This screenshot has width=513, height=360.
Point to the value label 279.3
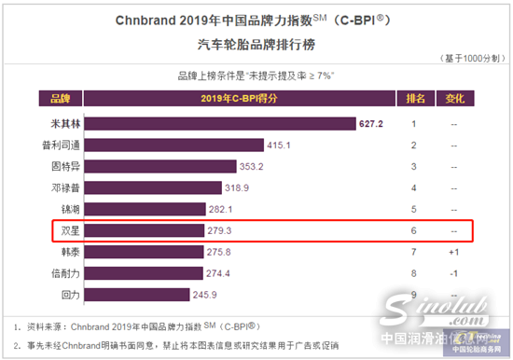click(216, 230)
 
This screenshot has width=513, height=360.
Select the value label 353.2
click(253, 166)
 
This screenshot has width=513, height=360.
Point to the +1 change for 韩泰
click(453, 252)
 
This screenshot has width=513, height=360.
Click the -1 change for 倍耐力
click(453, 272)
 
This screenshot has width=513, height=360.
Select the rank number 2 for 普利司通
click(414, 145)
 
